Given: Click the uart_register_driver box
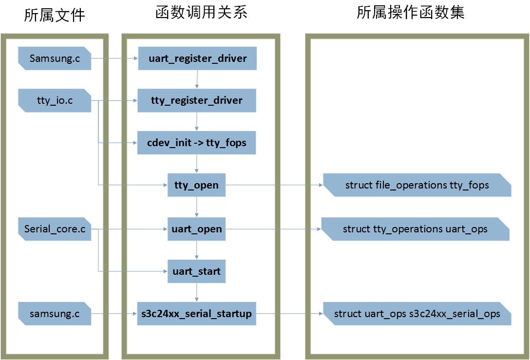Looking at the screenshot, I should [197, 59].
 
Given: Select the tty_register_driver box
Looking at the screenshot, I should [197, 101].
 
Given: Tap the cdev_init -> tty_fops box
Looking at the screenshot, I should [197, 143].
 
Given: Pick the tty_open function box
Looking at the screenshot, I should [196, 185].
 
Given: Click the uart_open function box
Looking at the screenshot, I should [196, 229].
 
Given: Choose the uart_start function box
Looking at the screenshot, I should [196, 271].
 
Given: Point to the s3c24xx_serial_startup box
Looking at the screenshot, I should [196, 314].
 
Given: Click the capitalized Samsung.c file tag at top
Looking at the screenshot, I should [55, 58].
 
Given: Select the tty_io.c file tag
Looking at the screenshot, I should [55, 101].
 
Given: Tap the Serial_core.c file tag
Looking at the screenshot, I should [55, 229].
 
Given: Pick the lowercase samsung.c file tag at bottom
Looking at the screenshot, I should [55, 314].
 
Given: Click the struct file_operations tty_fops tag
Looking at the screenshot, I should [416, 185].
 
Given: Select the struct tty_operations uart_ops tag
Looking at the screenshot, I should [415, 229].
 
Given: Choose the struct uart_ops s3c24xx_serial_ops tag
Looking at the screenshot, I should [416, 314].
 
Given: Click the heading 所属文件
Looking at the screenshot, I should [55, 15].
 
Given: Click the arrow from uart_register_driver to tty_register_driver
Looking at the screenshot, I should [197, 79].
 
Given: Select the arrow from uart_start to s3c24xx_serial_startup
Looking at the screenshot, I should [196, 292].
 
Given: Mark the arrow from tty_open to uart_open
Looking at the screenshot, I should [196, 207].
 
